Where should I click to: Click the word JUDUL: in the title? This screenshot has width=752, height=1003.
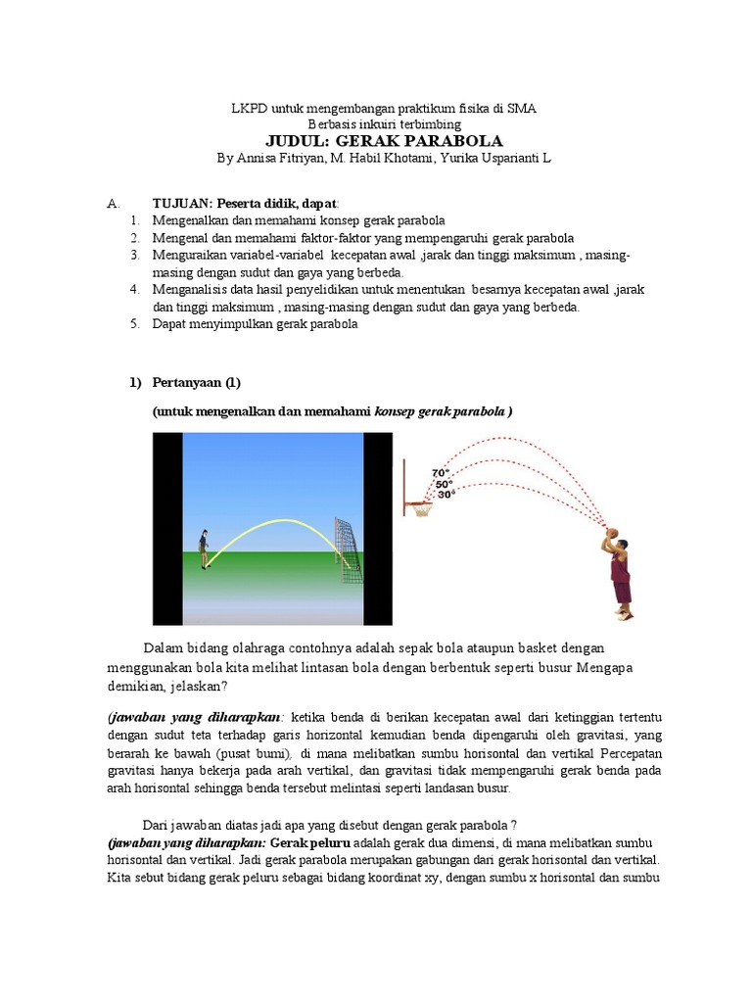(x=296, y=142)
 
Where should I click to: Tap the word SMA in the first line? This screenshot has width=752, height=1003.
(x=520, y=107)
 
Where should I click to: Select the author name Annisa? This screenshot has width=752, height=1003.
(x=259, y=159)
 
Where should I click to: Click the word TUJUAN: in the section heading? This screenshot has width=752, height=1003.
(x=182, y=204)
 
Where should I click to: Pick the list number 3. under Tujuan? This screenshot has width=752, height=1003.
(x=135, y=255)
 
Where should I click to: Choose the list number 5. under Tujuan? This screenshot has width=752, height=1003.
(x=135, y=325)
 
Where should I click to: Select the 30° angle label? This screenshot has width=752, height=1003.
(x=446, y=496)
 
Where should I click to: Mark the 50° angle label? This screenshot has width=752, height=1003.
(x=445, y=484)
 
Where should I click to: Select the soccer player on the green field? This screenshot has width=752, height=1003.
(x=204, y=549)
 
